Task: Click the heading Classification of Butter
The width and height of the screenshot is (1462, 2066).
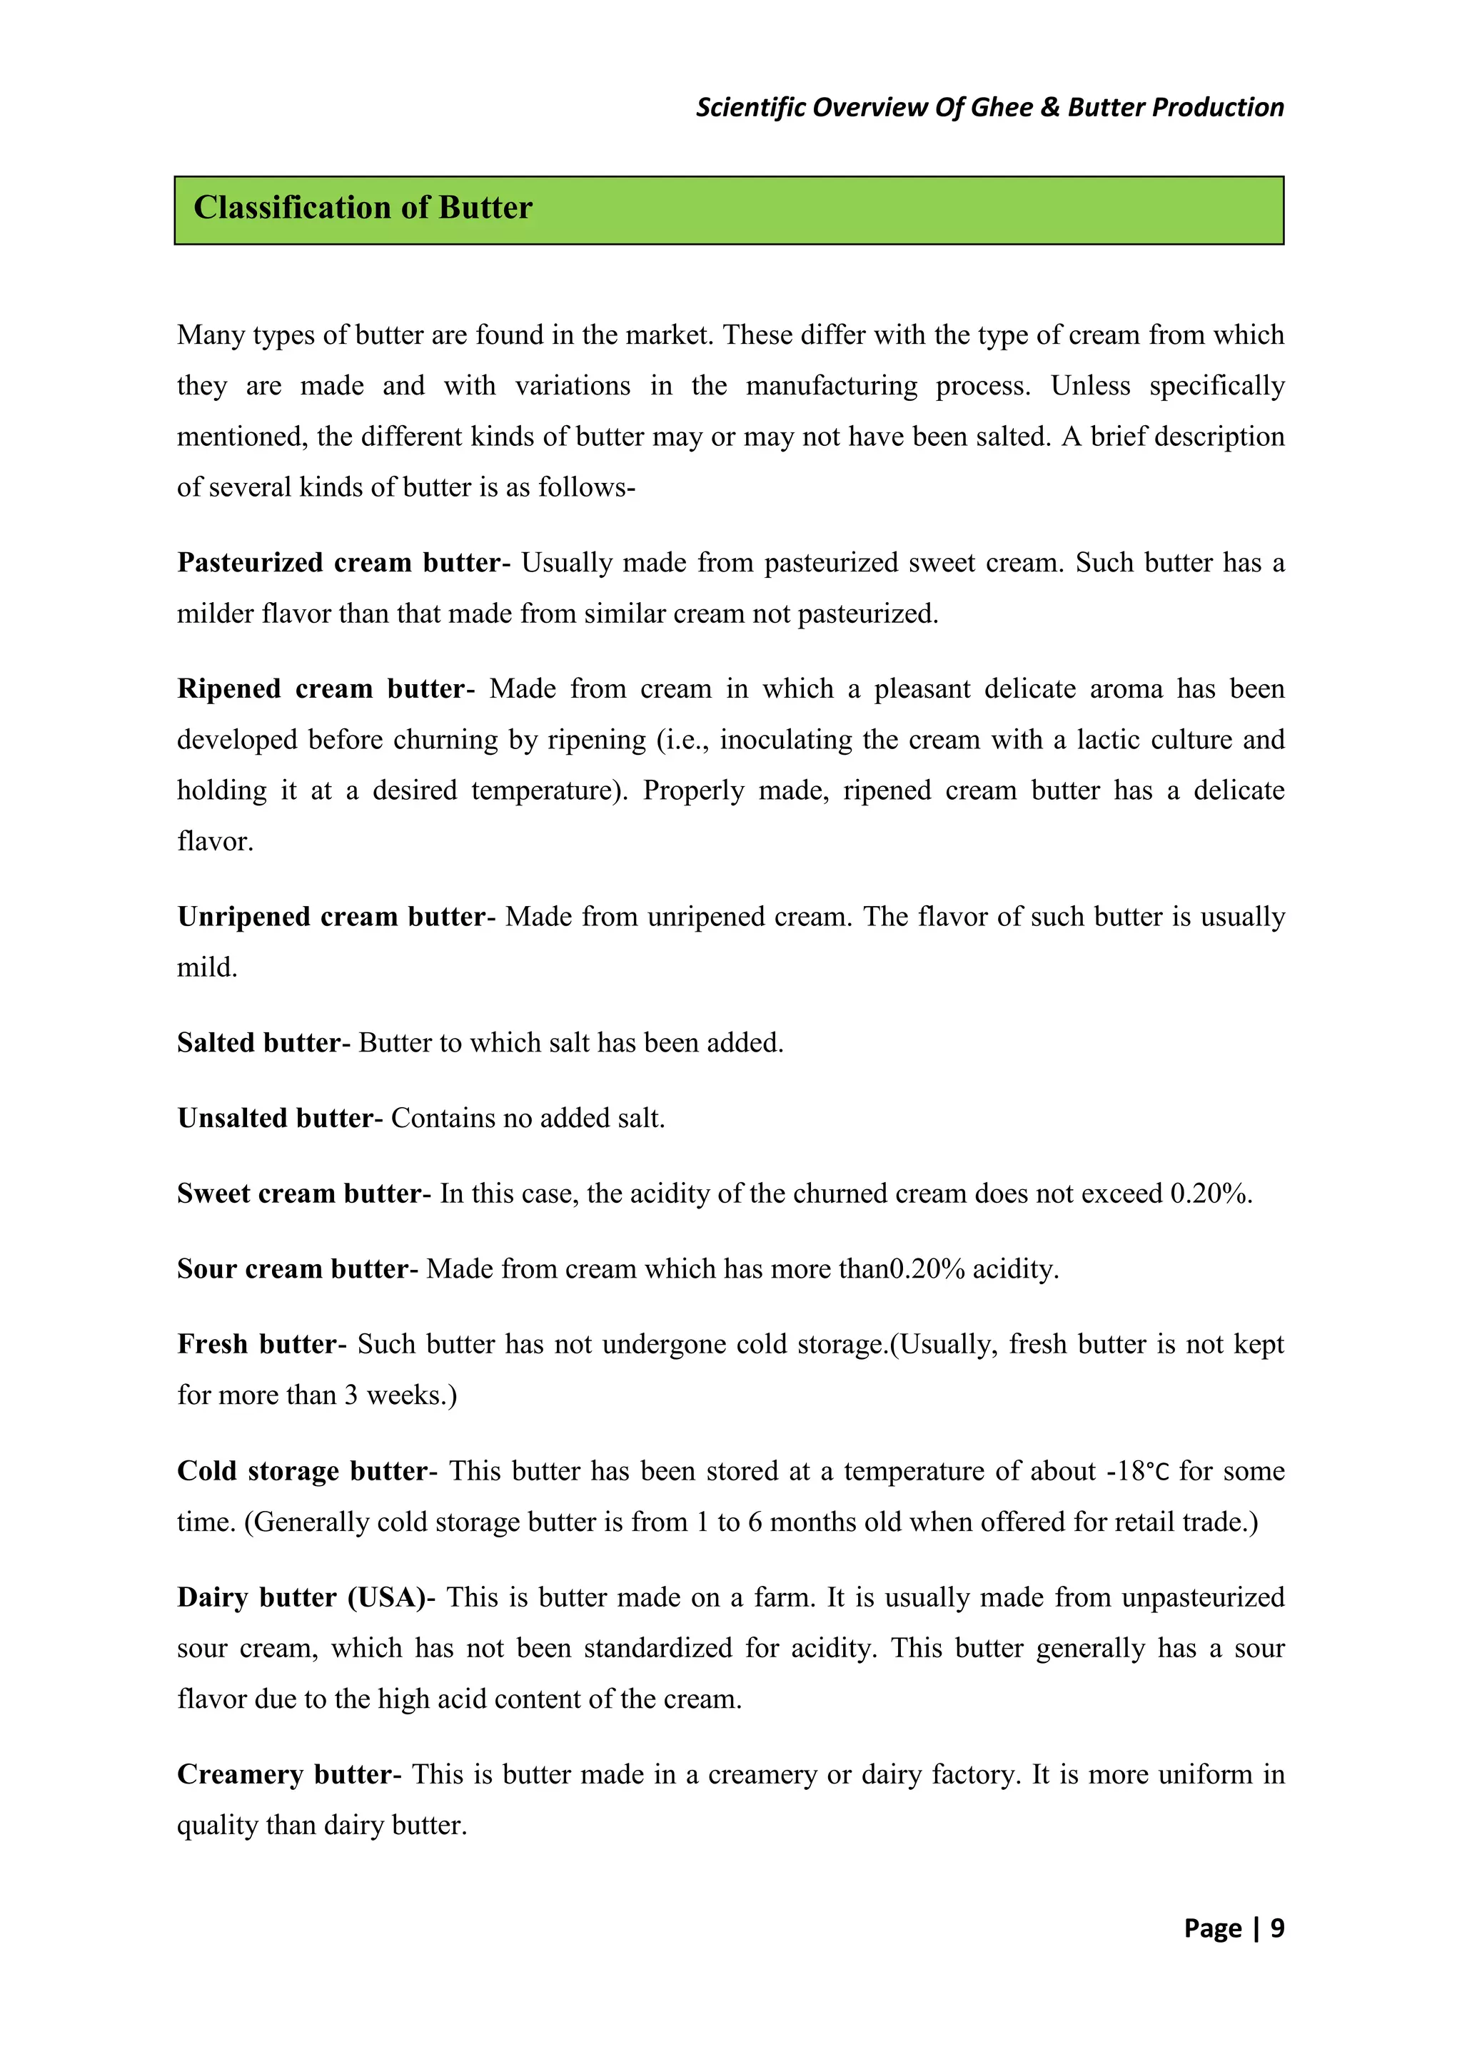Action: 363,208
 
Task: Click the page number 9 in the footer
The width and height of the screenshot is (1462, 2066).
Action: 1276,1928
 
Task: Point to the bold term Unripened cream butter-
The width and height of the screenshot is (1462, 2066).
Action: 336,916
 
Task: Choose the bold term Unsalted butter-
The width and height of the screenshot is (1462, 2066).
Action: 280,1118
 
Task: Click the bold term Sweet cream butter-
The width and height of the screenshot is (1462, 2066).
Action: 304,1194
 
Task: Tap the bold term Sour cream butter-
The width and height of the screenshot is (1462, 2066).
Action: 297,1268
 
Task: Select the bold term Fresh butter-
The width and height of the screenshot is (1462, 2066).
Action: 262,1344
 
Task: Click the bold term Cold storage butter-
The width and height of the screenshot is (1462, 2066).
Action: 307,1470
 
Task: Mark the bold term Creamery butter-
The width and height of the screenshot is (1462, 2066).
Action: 289,1774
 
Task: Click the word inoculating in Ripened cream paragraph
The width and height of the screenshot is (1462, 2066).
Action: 784,740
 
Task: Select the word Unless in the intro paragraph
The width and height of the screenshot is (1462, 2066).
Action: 1090,386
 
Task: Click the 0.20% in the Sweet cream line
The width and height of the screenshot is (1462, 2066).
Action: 1209,1194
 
